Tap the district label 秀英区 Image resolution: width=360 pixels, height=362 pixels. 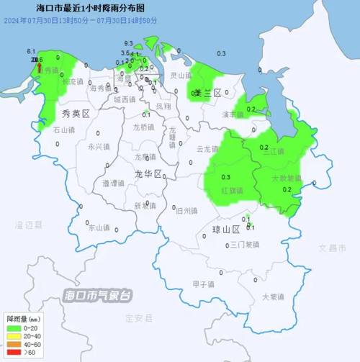tap(75, 114)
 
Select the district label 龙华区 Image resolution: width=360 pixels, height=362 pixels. tap(148, 174)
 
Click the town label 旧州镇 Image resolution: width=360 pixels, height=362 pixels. tap(186, 211)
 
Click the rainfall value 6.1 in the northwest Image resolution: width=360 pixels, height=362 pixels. tap(31, 52)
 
